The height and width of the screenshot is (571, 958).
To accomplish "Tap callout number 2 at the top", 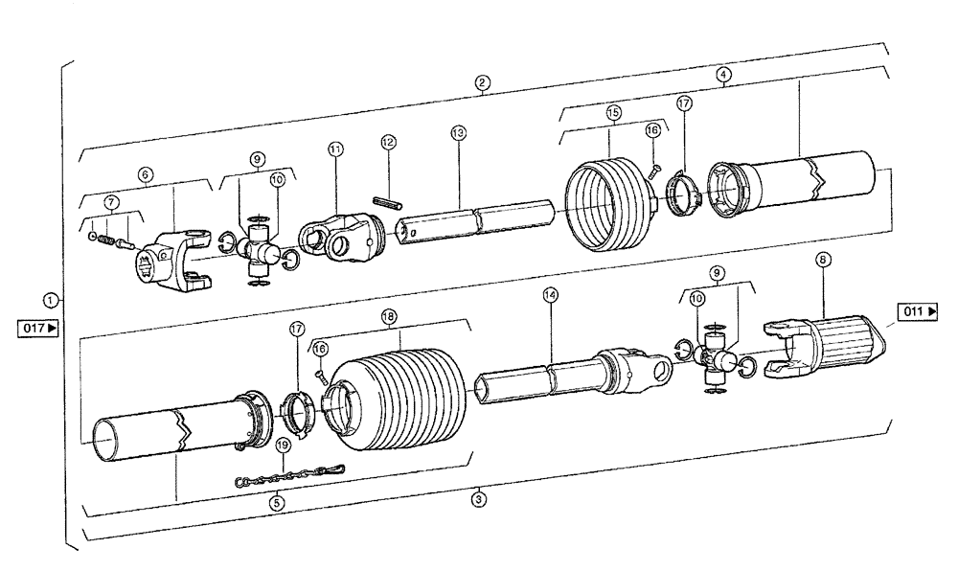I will (x=483, y=82).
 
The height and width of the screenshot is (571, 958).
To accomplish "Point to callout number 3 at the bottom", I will (x=480, y=498).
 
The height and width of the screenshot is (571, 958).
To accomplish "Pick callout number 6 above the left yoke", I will (x=145, y=174).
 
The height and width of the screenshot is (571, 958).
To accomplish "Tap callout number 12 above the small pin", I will (x=387, y=142).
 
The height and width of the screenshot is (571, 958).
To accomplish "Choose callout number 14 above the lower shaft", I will (x=549, y=297).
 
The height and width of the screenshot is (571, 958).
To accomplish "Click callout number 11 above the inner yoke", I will (x=334, y=148).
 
